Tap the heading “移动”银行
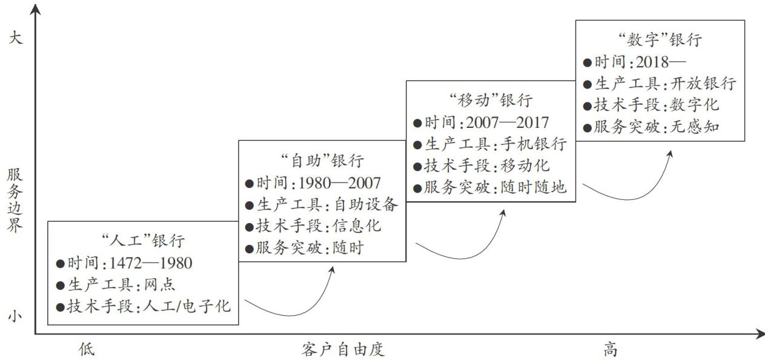click(491, 100)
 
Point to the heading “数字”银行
click(660, 40)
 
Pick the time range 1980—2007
click(339, 183)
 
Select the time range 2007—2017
click(508, 122)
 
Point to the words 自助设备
click(365, 204)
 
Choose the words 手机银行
click(534, 144)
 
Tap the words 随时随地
click(534, 187)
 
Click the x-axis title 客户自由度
click(343, 350)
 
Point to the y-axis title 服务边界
click(15, 200)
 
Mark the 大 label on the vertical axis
click(15, 38)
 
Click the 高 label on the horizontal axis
click(611, 350)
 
